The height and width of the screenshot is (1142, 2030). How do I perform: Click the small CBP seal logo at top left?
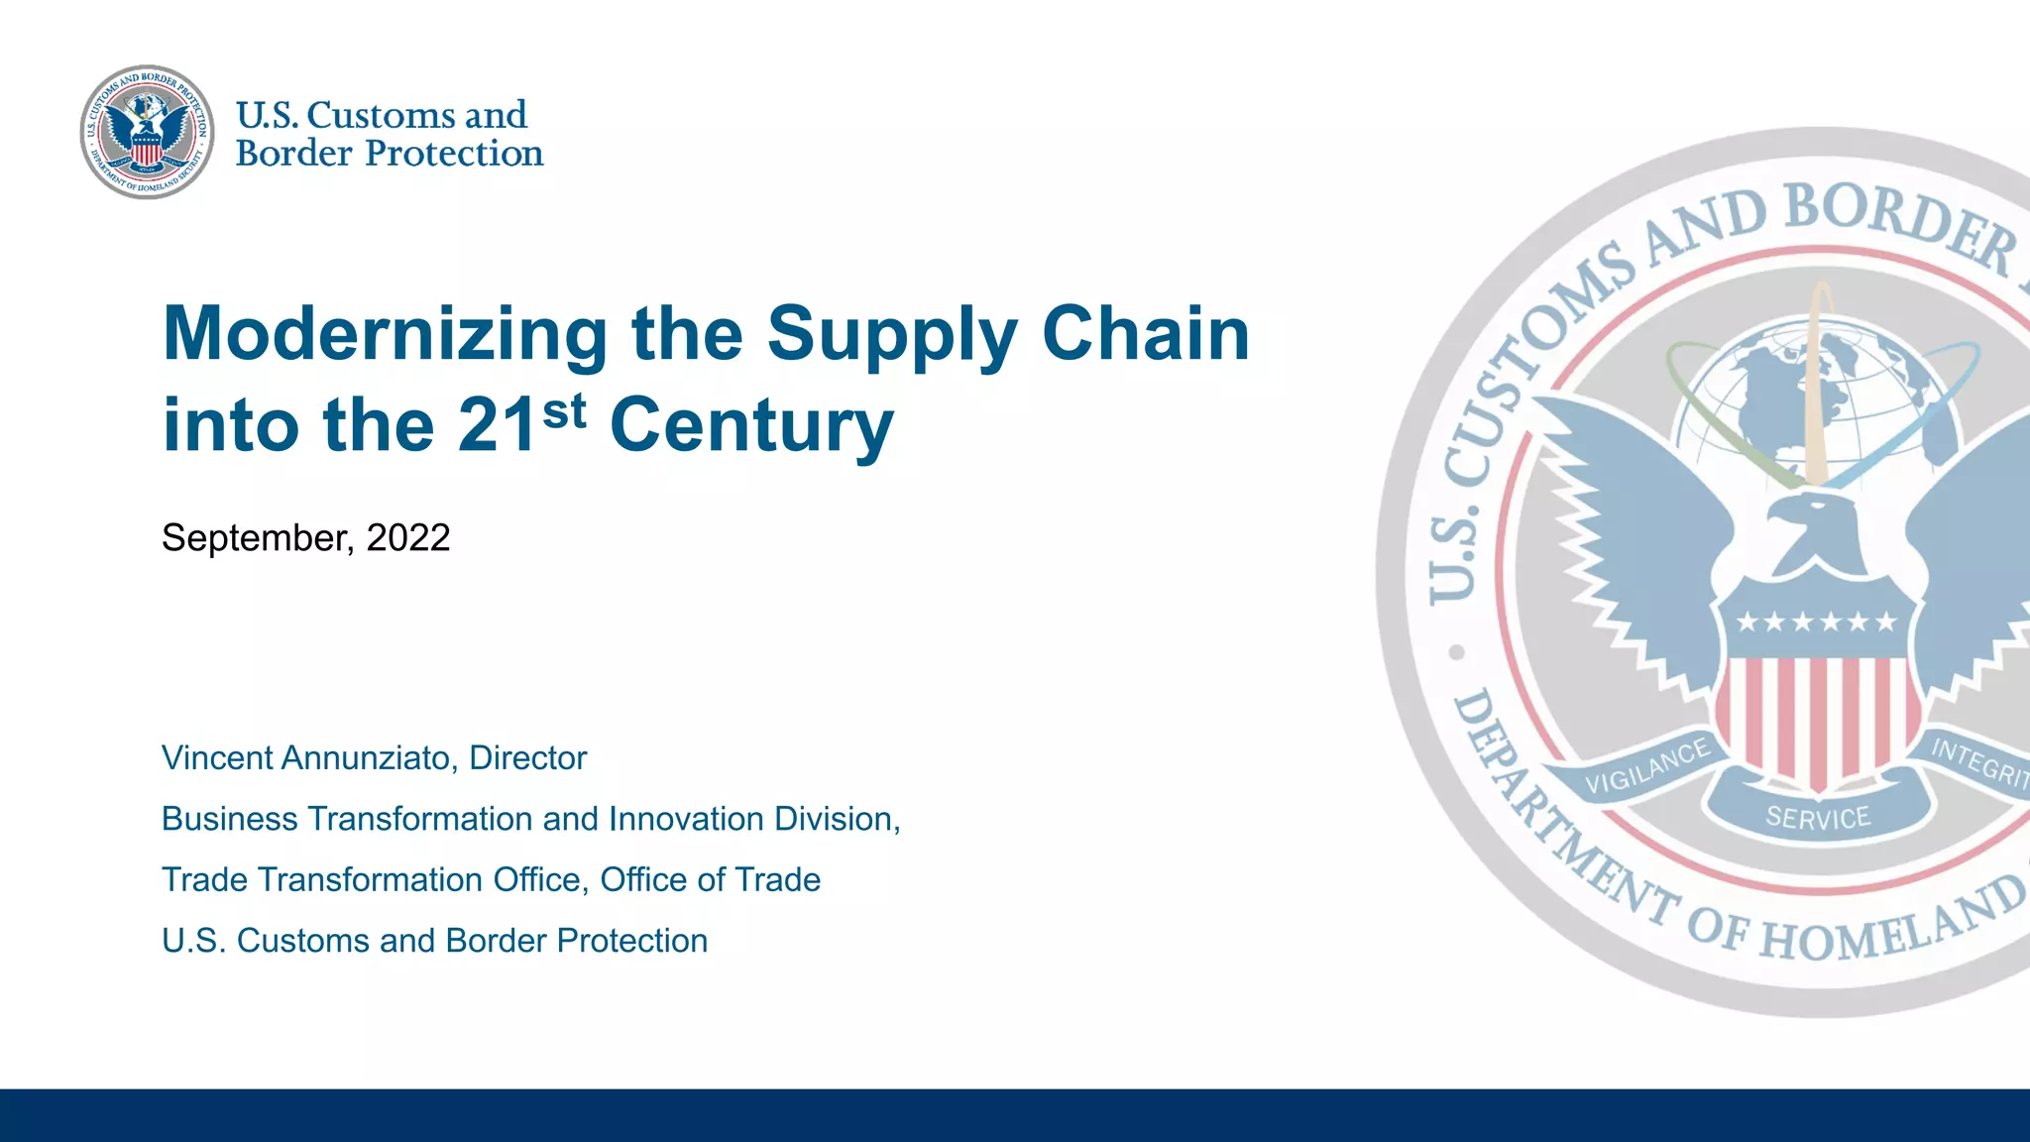pyautogui.click(x=147, y=133)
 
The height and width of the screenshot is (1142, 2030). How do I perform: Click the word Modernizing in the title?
pyautogui.click(x=385, y=335)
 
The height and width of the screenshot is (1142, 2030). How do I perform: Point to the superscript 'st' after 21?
pyautogui.click(x=564, y=410)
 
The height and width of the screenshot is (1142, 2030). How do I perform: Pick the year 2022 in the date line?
pyautogui.click(x=408, y=538)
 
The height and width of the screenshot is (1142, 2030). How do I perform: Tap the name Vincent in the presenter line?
pyautogui.click(x=217, y=758)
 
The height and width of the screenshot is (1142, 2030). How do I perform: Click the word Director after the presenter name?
pyautogui.click(x=527, y=758)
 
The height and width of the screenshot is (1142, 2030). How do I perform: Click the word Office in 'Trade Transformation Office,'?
pyautogui.click(x=538, y=880)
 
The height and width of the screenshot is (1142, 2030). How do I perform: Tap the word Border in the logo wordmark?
pyautogui.click(x=293, y=155)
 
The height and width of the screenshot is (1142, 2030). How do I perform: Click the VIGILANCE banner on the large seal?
pyautogui.click(x=1646, y=767)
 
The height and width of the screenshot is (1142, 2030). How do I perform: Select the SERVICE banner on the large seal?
pyautogui.click(x=1818, y=818)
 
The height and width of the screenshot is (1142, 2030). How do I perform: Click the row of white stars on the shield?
pyautogui.click(x=1816, y=623)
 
